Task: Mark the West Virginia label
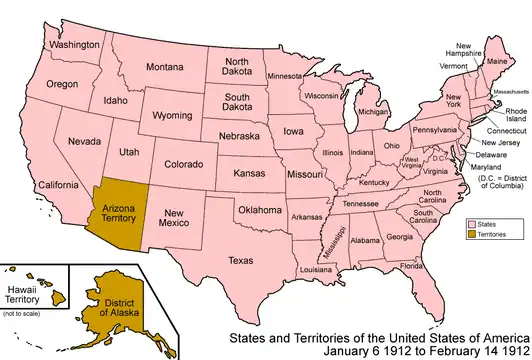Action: tap(411, 162)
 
